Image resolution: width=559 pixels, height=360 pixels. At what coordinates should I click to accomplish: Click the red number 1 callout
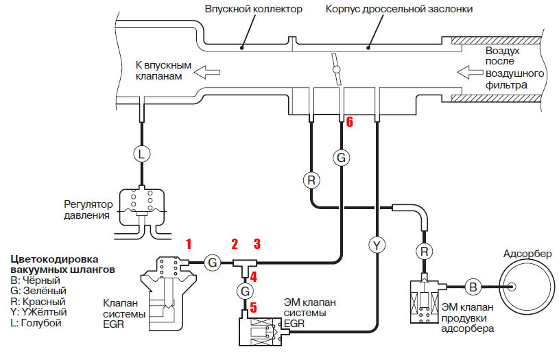(x=189, y=243)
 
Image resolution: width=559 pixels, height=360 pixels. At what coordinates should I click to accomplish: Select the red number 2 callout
(x=234, y=243)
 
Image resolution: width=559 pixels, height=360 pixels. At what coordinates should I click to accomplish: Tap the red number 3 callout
(x=257, y=243)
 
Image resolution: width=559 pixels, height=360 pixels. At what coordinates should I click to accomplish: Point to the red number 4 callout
(x=253, y=277)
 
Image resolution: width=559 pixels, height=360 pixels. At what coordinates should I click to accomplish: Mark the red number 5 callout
(x=253, y=308)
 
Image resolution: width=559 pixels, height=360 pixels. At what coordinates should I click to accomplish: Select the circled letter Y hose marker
(x=377, y=243)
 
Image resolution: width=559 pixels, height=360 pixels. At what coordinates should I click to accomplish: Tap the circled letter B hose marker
(x=473, y=287)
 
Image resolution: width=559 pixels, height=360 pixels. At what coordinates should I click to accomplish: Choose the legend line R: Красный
(x=38, y=301)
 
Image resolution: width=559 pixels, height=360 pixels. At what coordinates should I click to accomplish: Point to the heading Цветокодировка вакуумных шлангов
(x=61, y=265)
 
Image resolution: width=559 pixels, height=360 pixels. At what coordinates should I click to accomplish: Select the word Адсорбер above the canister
(x=526, y=254)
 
